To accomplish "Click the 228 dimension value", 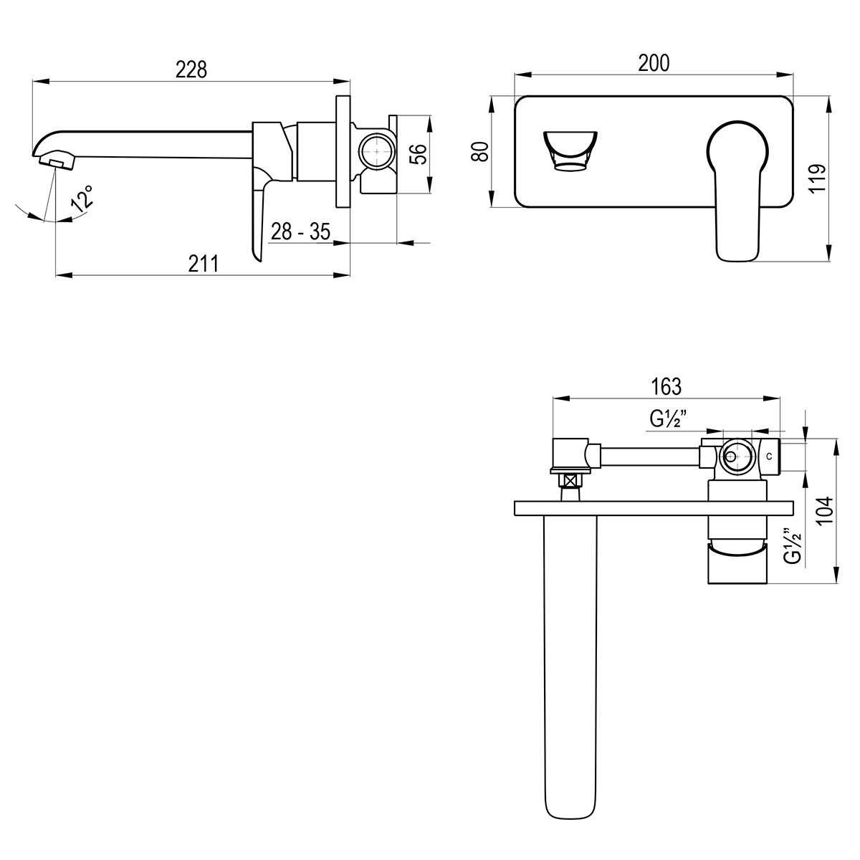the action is (191, 70).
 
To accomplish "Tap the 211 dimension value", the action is (203, 264).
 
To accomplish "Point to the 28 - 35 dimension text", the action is (300, 231).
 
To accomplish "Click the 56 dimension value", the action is (418, 154).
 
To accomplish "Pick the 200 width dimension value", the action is (654, 63).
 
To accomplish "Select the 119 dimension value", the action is (818, 178).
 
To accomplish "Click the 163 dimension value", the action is (666, 387).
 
